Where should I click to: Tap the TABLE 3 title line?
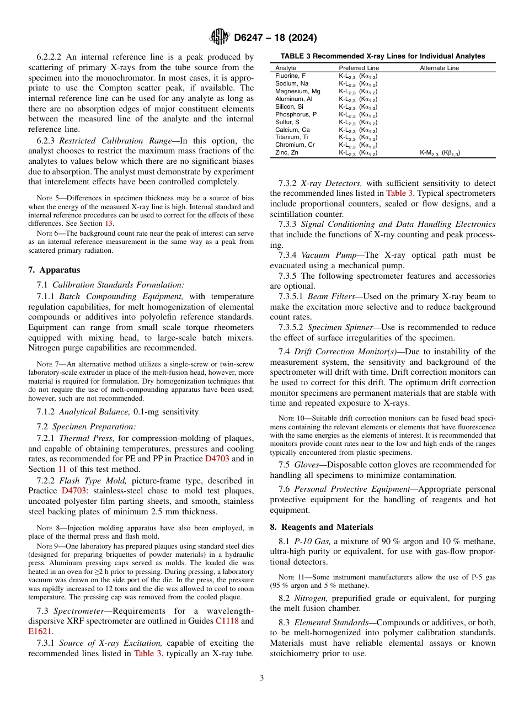383,56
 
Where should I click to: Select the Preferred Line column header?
359,68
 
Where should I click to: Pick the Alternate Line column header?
439,68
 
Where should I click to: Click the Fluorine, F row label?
290,76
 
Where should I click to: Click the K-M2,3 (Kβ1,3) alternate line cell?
440,153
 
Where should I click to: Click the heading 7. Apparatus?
54,270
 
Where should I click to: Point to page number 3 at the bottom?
262,678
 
